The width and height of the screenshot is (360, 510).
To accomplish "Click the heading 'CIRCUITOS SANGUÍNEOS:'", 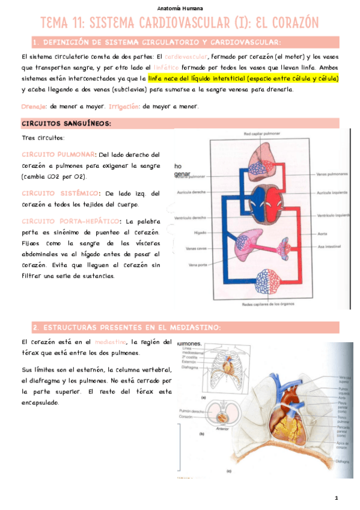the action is pyautogui.click(x=66, y=124).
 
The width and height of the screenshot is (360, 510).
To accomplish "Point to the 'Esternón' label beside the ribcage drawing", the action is pyautogui.click(x=189, y=362).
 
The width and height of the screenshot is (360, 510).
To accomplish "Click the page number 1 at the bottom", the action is pyautogui.click(x=337, y=497).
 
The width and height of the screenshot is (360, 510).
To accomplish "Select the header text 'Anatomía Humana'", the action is pyautogui.click(x=180, y=8).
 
